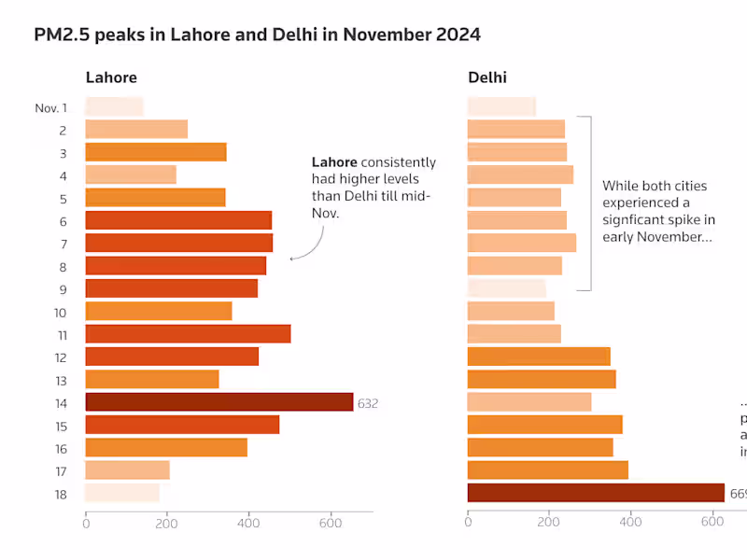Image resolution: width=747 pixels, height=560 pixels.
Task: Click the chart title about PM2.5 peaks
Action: (x=258, y=35)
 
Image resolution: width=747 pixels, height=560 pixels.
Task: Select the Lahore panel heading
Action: (x=111, y=77)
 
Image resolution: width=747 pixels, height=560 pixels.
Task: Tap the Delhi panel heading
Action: (x=487, y=77)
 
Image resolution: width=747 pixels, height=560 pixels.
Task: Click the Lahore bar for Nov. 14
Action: (x=219, y=402)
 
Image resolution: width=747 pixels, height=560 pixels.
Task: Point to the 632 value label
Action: (x=368, y=403)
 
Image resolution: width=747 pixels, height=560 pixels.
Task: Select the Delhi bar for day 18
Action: (x=596, y=493)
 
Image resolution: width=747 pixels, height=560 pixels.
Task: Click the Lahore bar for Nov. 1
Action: (x=114, y=107)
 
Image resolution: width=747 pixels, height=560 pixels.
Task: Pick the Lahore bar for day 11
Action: (x=188, y=334)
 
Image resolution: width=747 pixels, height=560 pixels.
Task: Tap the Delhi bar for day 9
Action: (x=506, y=288)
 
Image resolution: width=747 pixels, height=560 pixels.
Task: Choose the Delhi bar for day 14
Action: (x=529, y=402)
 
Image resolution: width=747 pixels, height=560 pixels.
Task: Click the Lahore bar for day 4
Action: (x=131, y=175)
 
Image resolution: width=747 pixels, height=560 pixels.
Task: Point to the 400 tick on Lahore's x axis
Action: (x=248, y=525)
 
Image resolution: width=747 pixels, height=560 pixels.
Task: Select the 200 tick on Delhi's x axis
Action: (x=549, y=525)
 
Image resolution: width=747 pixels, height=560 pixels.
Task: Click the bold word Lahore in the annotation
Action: (x=334, y=162)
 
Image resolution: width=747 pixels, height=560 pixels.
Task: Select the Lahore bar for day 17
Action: (x=128, y=470)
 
